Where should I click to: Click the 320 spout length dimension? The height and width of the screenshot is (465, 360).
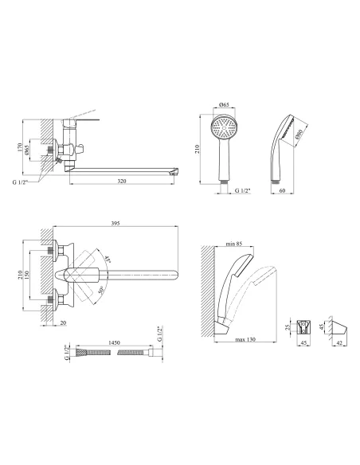coord(122,181)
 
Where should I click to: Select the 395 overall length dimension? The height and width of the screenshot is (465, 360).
coord(115,223)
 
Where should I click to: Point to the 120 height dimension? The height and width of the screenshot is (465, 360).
coord(20,147)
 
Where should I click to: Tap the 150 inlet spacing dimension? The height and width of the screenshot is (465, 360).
coord(27,275)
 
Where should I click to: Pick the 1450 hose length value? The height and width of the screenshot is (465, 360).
coord(114,342)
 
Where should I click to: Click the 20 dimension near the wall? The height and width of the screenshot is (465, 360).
coord(63,322)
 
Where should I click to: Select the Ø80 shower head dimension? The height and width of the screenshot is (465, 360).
coord(299,135)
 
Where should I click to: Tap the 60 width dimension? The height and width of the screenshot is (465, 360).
coord(282,190)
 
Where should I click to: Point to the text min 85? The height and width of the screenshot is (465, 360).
coord(234,244)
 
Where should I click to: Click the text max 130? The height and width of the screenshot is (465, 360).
coord(245,339)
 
